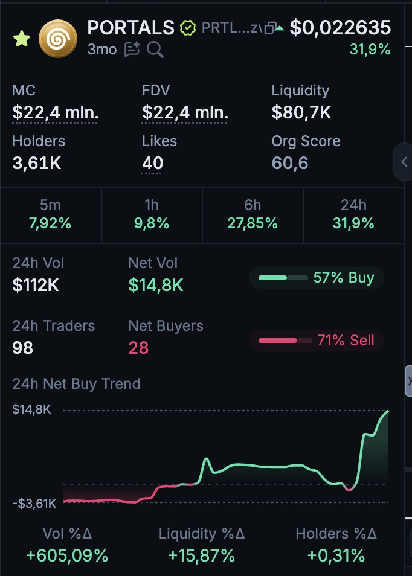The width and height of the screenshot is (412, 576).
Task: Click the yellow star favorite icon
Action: pyautogui.click(x=22, y=39)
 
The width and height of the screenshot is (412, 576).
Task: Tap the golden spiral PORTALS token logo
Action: pyautogui.click(x=57, y=38)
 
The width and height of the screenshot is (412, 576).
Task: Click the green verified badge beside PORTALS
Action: pyautogui.click(x=188, y=28)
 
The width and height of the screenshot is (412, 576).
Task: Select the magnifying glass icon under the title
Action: pyautogui.click(x=155, y=50)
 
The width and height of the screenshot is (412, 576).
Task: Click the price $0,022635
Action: pyautogui.click(x=340, y=28)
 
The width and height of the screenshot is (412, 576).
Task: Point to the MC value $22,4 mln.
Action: pyautogui.click(x=55, y=112)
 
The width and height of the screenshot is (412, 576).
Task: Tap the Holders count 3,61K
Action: pyautogui.click(x=37, y=162)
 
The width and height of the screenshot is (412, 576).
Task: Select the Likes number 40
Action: pyautogui.click(x=153, y=162)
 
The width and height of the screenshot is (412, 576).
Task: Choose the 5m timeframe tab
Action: pyautogui.click(x=51, y=214)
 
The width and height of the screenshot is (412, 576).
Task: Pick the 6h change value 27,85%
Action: pyautogui.click(x=253, y=223)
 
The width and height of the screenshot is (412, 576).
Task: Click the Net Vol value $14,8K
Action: pyautogui.click(x=156, y=285)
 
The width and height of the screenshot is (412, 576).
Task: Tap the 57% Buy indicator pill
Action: pyautogui.click(x=316, y=278)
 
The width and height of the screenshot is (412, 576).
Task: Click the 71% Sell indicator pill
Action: pyautogui.click(x=316, y=341)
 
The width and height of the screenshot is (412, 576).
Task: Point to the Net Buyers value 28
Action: pyautogui.click(x=138, y=348)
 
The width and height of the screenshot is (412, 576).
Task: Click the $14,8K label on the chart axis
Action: pyautogui.click(x=31, y=409)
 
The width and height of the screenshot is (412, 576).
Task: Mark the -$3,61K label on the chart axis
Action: pyautogui.click(x=34, y=503)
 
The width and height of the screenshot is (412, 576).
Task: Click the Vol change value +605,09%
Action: pyautogui.click(x=67, y=555)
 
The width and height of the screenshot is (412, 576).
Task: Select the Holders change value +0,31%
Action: pyautogui.click(x=336, y=555)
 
